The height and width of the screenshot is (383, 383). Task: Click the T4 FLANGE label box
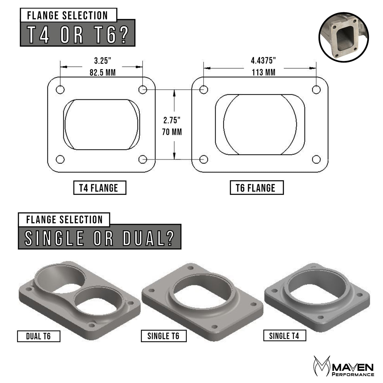[99, 188]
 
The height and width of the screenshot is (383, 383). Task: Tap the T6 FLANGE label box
[256, 188]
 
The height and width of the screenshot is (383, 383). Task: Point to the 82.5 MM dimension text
[102, 72]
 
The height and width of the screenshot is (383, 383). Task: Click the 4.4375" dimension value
[263, 61]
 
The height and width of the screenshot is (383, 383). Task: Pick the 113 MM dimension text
[263, 72]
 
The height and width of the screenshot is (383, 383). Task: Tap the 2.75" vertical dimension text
[172, 120]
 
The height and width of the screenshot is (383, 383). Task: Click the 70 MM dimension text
[172, 132]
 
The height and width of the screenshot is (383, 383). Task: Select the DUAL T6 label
[38, 336]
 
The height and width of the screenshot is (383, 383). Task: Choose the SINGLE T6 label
[164, 336]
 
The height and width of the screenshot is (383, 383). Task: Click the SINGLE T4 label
[284, 336]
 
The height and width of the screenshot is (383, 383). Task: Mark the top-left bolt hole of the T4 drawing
[60, 90]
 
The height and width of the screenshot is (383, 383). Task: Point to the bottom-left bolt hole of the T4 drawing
[60, 160]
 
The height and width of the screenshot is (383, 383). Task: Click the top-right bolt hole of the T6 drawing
[316, 90]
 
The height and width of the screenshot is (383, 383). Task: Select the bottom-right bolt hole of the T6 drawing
[316, 160]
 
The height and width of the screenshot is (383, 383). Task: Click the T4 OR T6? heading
[77, 33]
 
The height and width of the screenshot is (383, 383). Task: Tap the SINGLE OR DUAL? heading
[99, 237]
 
